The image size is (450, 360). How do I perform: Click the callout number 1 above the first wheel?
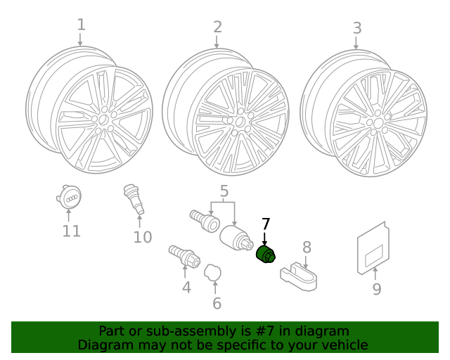[82, 25]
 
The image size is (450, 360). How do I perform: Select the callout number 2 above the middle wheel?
[217, 27]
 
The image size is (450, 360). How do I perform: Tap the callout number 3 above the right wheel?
[357, 28]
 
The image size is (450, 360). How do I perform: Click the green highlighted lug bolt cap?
[266, 255]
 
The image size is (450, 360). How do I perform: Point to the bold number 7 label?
[266, 224]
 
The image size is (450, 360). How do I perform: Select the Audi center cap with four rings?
[69, 197]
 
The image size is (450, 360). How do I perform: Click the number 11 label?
[71, 231]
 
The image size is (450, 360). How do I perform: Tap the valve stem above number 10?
[134, 199]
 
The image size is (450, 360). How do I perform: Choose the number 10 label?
[143, 237]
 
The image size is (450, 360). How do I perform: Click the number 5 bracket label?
[224, 191]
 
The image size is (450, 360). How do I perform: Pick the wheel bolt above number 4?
[184, 257]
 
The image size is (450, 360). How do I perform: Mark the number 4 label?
[186, 288]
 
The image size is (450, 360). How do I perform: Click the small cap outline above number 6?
[212, 272]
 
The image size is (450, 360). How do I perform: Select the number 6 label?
[217, 304]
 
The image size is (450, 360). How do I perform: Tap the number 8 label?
[307, 247]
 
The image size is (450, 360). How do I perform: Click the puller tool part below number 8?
[299, 276]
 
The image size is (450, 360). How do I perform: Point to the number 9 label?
[377, 289]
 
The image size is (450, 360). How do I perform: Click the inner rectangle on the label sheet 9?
[374, 255]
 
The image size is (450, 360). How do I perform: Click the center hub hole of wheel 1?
[103, 120]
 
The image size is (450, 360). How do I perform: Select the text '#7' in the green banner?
[266, 331]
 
